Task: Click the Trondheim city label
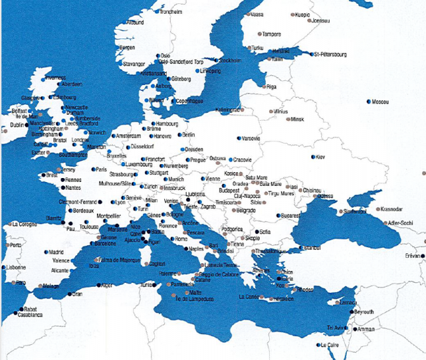(x=171, y=12)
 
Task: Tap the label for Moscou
(x=380, y=102)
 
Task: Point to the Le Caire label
(x=331, y=345)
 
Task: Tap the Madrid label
(x=56, y=252)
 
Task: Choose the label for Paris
(x=101, y=169)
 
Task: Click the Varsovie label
(x=251, y=139)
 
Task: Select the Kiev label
(x=320, y=157)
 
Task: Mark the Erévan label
(x=413, y=256)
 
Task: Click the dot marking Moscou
(x=368, y=102)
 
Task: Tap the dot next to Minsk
(x=288, y=119)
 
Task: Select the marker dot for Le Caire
(x=317, y=345)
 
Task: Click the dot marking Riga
(x=265, y=86)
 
